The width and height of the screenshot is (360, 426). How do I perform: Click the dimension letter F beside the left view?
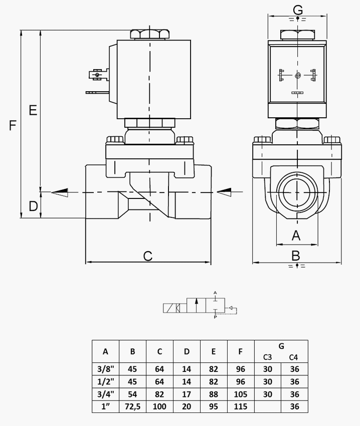pyautogui.click(x=13, y=125)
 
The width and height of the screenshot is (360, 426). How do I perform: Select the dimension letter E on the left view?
pyautogui.click(x=33, y=110)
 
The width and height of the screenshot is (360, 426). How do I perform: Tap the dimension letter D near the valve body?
pyautogui.click(x=33, y=206)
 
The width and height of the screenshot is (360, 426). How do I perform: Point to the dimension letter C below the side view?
pyautogui.click(x=147, y=256)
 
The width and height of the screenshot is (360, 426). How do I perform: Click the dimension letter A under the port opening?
pyautogui.click(x=296, y=235)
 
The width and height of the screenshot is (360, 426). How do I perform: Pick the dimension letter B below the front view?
pyautogui.click(x=296, y=256)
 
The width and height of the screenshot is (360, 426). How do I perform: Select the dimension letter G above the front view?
pyautogui.click(x=298, y=10)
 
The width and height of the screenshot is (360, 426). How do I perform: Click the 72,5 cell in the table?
pyautogui.click(x=132, y=406)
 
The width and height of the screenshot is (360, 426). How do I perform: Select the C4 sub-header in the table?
pyautogui.click(x=293, y=357)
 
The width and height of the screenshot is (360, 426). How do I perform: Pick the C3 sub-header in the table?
pyautogui.click(x=267, y=357)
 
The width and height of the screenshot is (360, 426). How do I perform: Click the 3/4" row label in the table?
pyautogui.click(x=105, y=394)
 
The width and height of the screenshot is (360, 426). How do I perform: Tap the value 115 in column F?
pyautogui.click(x=240, y=406)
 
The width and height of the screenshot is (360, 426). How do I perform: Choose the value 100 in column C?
pyautogui.click(x=159, y=406)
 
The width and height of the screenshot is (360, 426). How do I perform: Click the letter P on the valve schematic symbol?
pyautogui.click(x=215, y=317)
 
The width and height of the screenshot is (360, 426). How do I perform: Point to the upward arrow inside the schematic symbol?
pyautogui.click(x=197, y=305)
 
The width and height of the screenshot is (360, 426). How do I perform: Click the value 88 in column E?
pyautogui.click(x=214, y=394)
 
